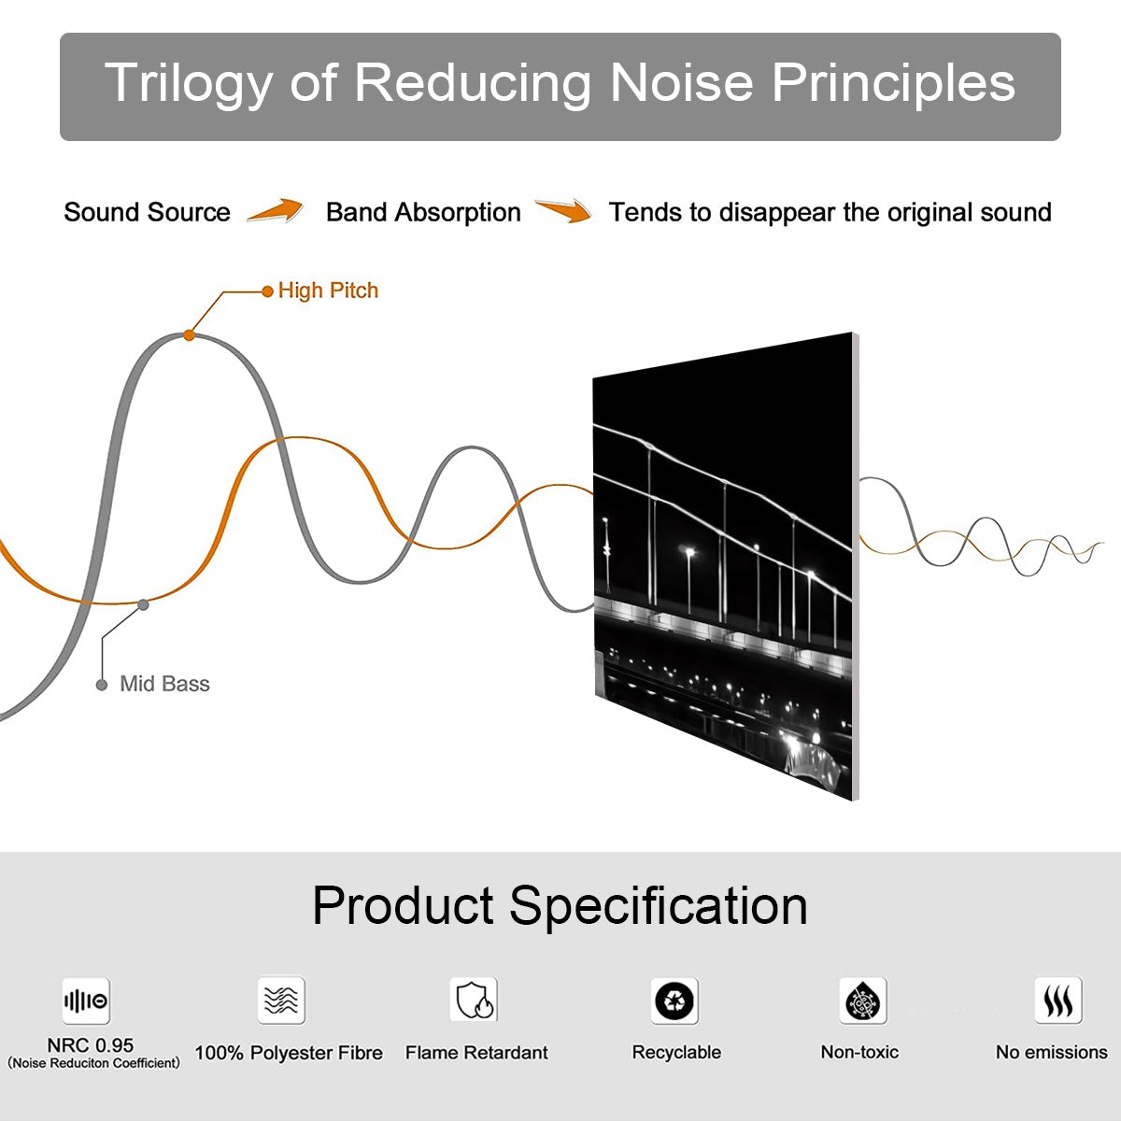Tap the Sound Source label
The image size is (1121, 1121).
coord(147,212)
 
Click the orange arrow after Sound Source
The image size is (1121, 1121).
coord(276,211)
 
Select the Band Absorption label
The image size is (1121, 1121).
coord(423,212)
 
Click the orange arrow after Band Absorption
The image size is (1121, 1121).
coord(563,211)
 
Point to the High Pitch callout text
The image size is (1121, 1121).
coord(328,291)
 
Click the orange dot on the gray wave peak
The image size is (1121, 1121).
coord(190,334)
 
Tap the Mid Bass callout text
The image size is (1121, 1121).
coord(164,684)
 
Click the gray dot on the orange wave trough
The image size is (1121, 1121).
coord(143,604)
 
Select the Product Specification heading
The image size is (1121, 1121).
coord(560,905)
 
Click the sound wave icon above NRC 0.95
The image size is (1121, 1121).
coord(86,1001)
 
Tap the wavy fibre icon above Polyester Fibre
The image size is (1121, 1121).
coord(281,1000)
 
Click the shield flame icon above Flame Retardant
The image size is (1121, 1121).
coord(474,1000)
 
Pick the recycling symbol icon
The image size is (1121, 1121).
coord(674,1001)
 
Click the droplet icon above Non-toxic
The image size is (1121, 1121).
coord(862,1001)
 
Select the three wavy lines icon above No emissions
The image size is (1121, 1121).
coord(1057,1001)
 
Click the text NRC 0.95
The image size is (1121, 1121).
coord(91,1045)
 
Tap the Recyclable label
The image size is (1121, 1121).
coord(676,1052)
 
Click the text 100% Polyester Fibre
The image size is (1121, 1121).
coord(289,1053)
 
